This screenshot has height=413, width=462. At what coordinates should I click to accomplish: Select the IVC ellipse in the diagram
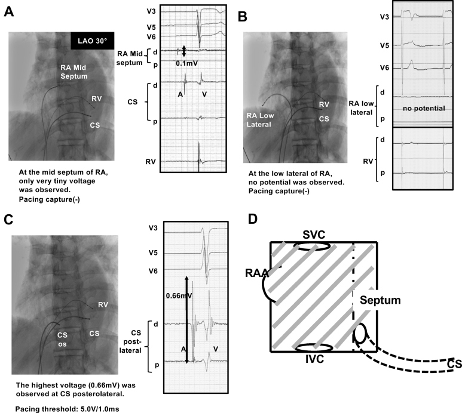(x=311, y=348)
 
